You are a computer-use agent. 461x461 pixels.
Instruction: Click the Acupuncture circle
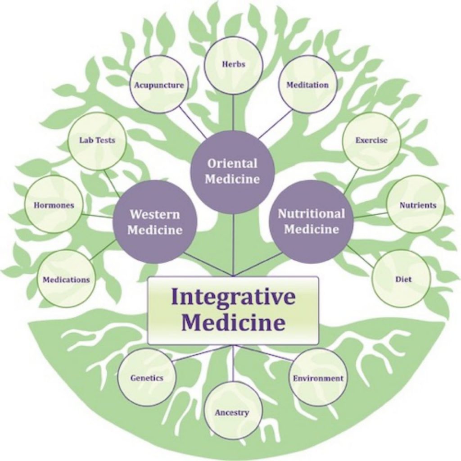click(x=159, y=84)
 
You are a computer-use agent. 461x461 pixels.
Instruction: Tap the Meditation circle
click(x=307, y=84)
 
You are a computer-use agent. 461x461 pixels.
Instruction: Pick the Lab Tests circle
click(x=97, y=141)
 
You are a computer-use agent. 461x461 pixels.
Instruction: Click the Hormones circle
click(x=54, y=205)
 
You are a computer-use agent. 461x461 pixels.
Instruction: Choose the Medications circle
click(x=66, y=279)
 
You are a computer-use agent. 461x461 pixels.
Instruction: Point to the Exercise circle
click(x=371, y=141)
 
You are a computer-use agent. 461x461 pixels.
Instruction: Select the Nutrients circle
click(x=416, y=204)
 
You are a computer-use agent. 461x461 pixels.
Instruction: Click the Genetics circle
click(x=147, y=377)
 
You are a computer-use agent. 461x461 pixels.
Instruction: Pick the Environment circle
click(x=318, y=377)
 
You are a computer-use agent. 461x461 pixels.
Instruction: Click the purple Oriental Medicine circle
click(x=232, y=172)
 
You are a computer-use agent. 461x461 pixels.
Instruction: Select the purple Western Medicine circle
click(x=155, y=221)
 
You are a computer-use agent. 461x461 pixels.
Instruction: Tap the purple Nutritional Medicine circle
click(x=312, y=221)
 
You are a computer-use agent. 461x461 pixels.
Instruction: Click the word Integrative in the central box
click(x=233, y=297)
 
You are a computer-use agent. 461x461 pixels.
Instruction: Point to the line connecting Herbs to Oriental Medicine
click(x=233, y=113)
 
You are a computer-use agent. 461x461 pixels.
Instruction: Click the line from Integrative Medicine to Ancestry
click(x=233, y=363)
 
